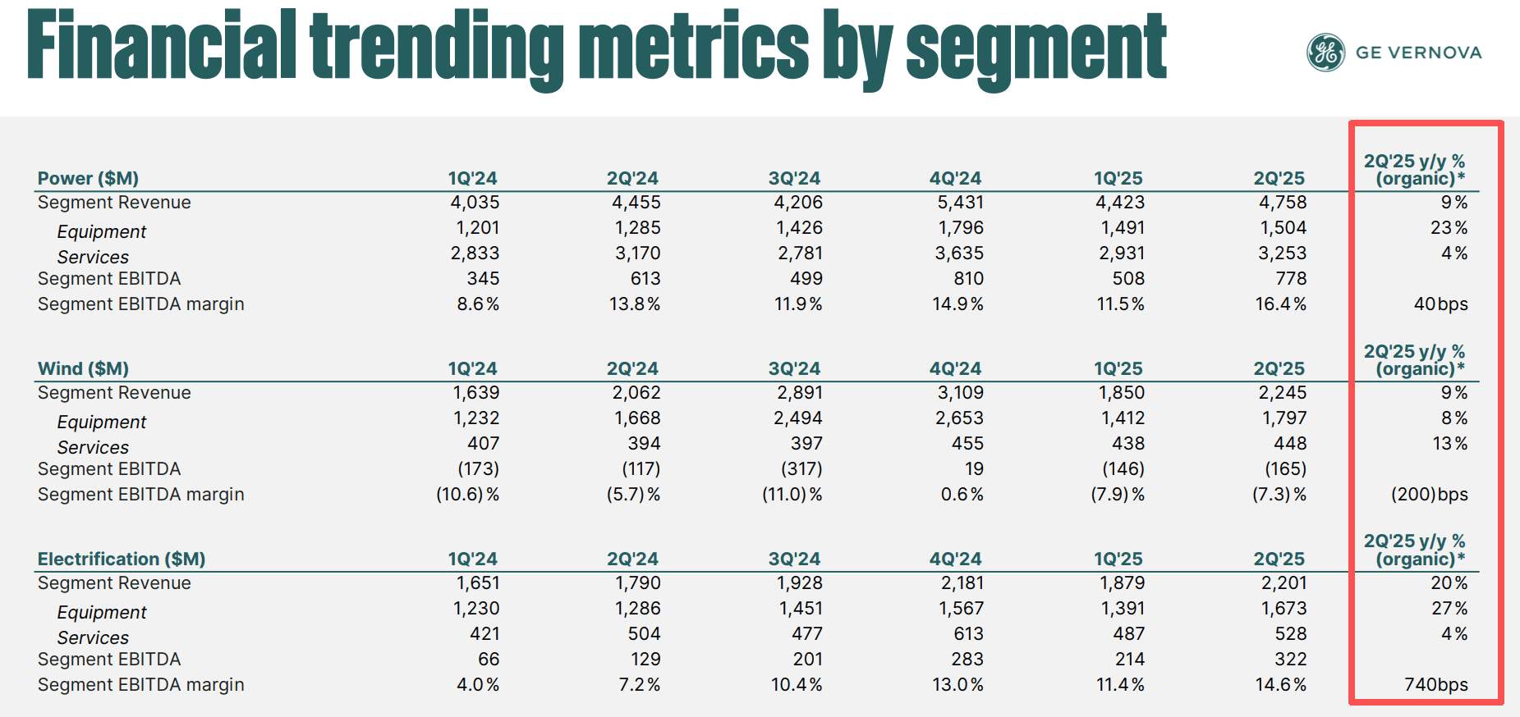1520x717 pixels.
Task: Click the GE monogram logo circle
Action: [x=1325, y=53]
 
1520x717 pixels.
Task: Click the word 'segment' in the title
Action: [x=1036, y=48]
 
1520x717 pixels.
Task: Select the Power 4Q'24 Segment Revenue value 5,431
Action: [x=960, y=203]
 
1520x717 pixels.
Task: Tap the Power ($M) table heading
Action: [x=88, y=179]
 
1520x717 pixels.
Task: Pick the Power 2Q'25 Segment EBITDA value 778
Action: [x=1291, y=279]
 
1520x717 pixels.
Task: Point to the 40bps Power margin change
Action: [x=1440, y=304]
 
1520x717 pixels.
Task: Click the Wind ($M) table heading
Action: [x=83, y=369]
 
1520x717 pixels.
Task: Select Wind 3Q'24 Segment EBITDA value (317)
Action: [x=801, y=469]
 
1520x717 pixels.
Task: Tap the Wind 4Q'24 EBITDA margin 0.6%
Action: [x=962, y=495]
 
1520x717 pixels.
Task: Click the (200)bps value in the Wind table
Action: [x=1429, y=495]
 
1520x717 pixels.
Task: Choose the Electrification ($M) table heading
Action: [x=122, y=559]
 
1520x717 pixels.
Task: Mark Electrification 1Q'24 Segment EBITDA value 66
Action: [x=489, y=660]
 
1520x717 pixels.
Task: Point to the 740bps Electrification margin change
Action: [x=1435, y=685]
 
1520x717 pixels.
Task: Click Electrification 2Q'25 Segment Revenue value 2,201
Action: [x=1284, y=583]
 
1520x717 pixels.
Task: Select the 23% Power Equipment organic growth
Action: [x=1449, y=228]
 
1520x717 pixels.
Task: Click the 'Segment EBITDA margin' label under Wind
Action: [x=141, y=495]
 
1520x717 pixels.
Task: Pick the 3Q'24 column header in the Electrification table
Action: [x=794, y=559]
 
